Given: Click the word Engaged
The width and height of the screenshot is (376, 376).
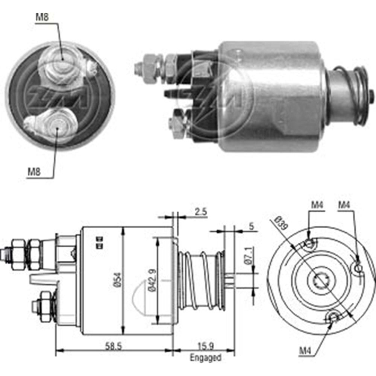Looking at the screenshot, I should [x=205, y=358].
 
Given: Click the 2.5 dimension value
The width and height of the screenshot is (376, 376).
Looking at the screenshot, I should [x=201, y=211].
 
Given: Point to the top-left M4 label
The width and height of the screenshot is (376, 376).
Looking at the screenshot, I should [x=317, y=205].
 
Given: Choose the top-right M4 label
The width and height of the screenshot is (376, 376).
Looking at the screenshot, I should [x=345, y=205].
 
